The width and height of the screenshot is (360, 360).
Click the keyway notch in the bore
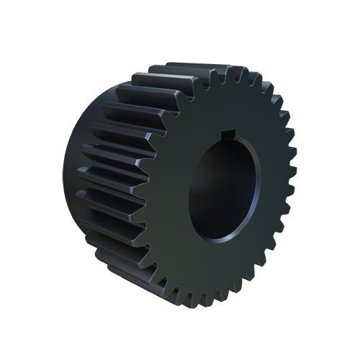pos(228,134)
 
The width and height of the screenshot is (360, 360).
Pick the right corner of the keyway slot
pos(235,135)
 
